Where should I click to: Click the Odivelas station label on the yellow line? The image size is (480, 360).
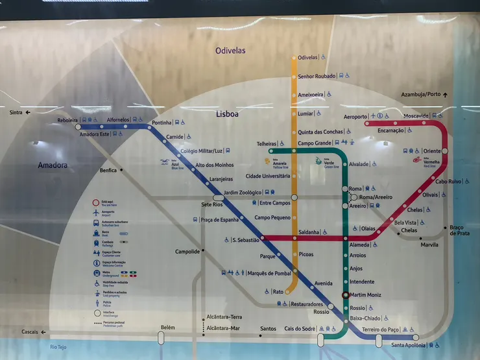coord(307,58)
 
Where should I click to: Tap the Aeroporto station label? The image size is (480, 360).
coord(355,117)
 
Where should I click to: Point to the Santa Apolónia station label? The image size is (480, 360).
coord(408,345)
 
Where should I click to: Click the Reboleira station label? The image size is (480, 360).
coord(67,120)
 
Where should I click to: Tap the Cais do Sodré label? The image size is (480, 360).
coord(300,329)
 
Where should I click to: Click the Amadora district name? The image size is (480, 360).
coord(53,165)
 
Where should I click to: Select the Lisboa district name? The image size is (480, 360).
coord(227,114)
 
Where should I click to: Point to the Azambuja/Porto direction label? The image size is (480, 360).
coord(420,95)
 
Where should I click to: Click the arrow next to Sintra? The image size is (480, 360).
coord(29,112)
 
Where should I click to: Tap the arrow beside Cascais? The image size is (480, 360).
coord(43,332)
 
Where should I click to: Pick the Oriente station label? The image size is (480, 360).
coord(431,151)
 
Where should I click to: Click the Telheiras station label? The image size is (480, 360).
coord(266,143)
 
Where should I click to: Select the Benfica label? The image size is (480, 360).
coord(108,171)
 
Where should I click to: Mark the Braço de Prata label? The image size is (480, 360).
coord(460,230)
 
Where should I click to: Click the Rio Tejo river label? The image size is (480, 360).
coord(58,348)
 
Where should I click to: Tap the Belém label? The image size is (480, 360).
coord(167,328)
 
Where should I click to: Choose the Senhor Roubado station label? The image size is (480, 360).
coord(317,77)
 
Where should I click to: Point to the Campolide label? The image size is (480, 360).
coord(187,252)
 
